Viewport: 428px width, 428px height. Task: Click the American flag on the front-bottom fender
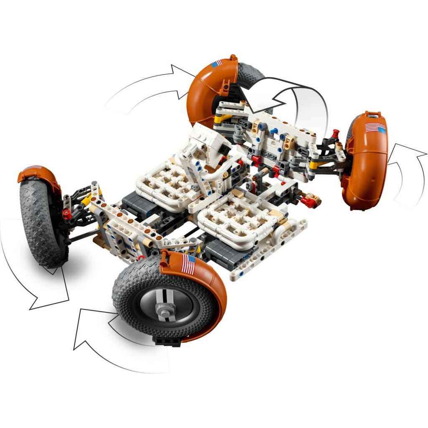[x=188, y=265]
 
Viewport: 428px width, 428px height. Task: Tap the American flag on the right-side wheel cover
[x=375, y=128]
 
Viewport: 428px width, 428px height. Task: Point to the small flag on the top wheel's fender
[x=217, y=64]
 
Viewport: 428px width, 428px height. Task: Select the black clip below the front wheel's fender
[x=168, y=341]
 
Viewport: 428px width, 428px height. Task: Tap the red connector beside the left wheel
[x=67, y=214]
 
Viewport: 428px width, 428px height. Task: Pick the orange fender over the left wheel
[x=40, y=176]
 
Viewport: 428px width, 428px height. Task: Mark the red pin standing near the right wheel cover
[x=334, y=135]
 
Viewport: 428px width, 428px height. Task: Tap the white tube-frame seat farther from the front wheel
[x=167, y=184]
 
